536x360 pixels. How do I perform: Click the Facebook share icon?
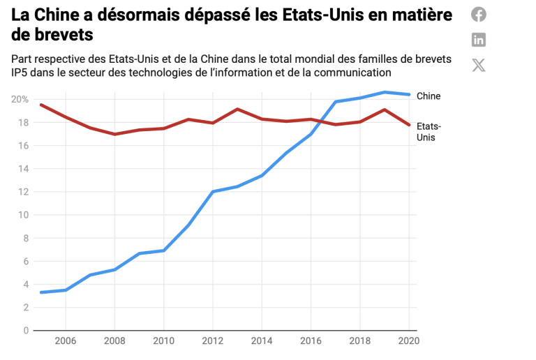point(479,14)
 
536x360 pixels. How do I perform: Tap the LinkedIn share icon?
point(479,40)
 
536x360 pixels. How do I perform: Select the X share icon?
point(479,66)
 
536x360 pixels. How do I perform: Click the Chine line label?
point(429,96)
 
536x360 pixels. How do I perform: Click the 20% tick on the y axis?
point(20,99)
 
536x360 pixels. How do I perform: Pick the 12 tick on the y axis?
point(23,192)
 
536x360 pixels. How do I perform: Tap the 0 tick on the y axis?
point(26,330)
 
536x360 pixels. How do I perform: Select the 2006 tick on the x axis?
point(65,342)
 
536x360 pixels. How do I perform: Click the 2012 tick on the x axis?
point(212,342)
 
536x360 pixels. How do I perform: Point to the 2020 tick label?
point(408,342)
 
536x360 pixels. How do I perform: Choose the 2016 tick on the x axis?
point(311,342)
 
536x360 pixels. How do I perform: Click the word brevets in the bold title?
point(53,33)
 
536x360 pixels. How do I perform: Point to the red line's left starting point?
point(40,105)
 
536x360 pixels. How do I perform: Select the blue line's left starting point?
point(40,292)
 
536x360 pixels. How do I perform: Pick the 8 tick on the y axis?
point(26,238)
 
